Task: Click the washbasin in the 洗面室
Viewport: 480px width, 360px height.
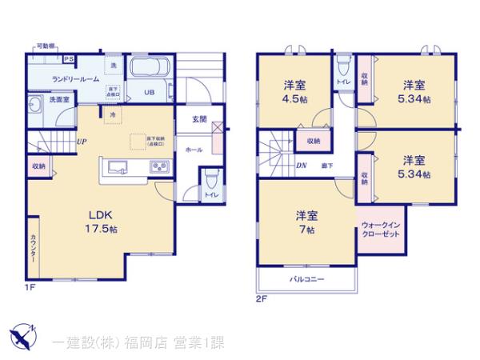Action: point(35,105)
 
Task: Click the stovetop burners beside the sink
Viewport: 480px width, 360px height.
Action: point(159,166)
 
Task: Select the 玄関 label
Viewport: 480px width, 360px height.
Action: point(201,120)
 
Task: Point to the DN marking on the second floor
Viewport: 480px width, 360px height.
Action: point(302,166)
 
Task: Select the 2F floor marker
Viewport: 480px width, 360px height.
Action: point(260,299)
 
